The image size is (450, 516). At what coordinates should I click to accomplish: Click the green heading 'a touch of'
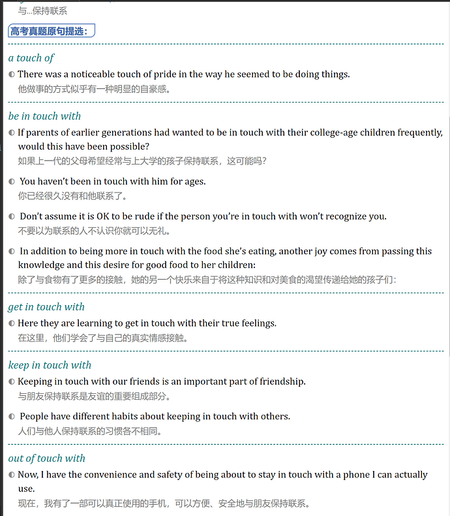(31, 58)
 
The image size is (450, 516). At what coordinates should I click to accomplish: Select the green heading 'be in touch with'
(44, 116)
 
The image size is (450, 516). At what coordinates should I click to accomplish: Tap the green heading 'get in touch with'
(46, 307)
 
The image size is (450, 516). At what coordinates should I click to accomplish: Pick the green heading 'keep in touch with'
(50, 365)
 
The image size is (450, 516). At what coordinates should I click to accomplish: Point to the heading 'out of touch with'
(46, 459)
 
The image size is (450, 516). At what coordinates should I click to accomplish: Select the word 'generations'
(124, 133)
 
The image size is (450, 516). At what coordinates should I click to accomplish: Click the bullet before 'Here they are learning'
(12, 324)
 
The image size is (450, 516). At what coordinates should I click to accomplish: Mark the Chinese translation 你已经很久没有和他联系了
(72, 196)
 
